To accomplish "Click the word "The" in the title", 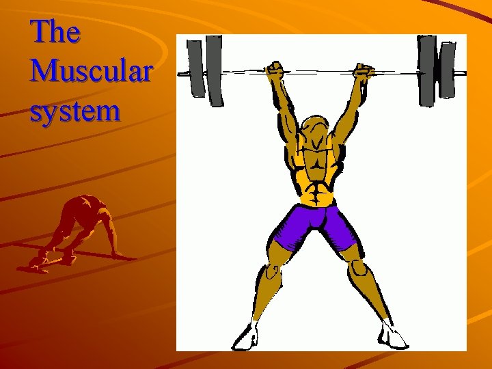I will pos(55,32).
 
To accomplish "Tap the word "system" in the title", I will pos(75,111).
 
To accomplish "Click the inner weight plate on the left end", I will pos(215,70).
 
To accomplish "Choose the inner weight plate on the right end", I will pos(427,70).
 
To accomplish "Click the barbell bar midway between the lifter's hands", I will pos(319,70).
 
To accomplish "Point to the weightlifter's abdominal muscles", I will pos(318,187).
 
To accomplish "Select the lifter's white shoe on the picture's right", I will pos(394,336).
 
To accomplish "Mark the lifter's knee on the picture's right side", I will pos(359,272).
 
